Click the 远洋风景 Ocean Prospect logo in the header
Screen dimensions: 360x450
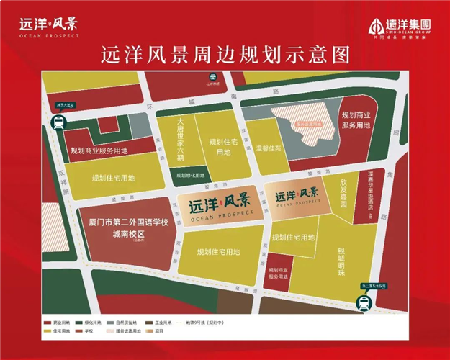click(x=48, y=26)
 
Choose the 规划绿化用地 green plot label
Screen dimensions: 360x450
click(x=191, y=174)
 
